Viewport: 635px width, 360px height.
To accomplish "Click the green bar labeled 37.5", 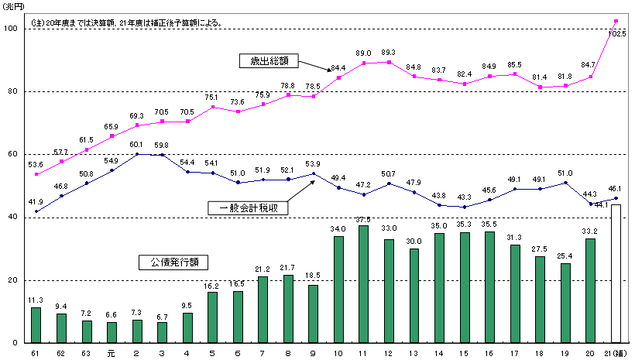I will pyautogui.click(x=362, y=284).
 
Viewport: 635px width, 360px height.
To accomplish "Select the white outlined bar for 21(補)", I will pyautogui.click(x=616, y=273).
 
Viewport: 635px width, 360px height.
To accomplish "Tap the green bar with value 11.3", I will pyautogui.click(x=36, y=325).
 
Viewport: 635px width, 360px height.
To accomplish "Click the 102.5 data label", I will pyautogui.click(x=617, y=34).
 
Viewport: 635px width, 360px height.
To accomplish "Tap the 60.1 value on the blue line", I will pyautogui.click(x=136, y=145).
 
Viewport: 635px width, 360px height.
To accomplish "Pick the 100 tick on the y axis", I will pyautogui.click(x=10, y=29).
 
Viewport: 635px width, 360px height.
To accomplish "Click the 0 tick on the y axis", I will pyautogui.click(x=15, y=343).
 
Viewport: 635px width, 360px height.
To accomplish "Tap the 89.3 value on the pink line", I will pyautogui.click(x=388, y=53).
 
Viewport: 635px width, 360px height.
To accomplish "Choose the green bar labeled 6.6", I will pyautogui.click(x=112, y=332).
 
